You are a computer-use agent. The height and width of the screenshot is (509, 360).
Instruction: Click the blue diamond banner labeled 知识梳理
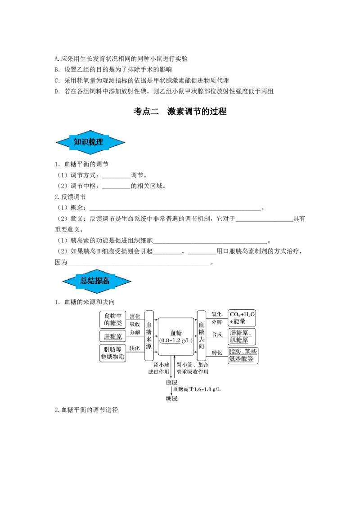click(90, 142)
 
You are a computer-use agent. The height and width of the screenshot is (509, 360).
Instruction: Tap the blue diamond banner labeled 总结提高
click(96, 281)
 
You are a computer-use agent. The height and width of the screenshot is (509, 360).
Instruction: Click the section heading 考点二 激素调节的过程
click(180, 112)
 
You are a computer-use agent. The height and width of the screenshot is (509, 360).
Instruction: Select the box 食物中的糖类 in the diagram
click(113, 319)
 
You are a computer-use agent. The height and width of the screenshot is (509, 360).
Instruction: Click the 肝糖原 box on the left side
click(113, 336)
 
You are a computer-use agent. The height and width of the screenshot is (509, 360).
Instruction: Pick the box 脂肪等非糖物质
click(113, 353)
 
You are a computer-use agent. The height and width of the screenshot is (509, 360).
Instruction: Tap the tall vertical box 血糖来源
click(149, 335)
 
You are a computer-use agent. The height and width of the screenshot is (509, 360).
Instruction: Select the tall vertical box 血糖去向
click(202, 335)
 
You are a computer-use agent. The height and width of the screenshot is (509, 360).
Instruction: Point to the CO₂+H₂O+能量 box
click(242, 318)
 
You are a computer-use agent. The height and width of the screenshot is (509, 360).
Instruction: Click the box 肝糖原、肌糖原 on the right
click(242, 337)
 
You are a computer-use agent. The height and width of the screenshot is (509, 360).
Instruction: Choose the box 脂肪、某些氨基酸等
click(243, 355)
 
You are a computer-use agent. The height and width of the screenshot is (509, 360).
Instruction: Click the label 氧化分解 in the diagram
click(217, 318)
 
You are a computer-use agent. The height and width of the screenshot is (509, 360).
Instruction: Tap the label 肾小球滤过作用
click(158, 368)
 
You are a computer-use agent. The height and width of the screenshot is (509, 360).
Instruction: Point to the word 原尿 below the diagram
click(171, 383)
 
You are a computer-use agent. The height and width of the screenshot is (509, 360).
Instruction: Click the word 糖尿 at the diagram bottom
click(171, 399)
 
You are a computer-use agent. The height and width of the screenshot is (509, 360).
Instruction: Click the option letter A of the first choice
click(57, 59)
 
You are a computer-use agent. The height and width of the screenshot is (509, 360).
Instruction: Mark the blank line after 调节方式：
click(116, 177)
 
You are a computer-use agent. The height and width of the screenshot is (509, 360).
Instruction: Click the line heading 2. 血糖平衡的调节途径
click(86, 410)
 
